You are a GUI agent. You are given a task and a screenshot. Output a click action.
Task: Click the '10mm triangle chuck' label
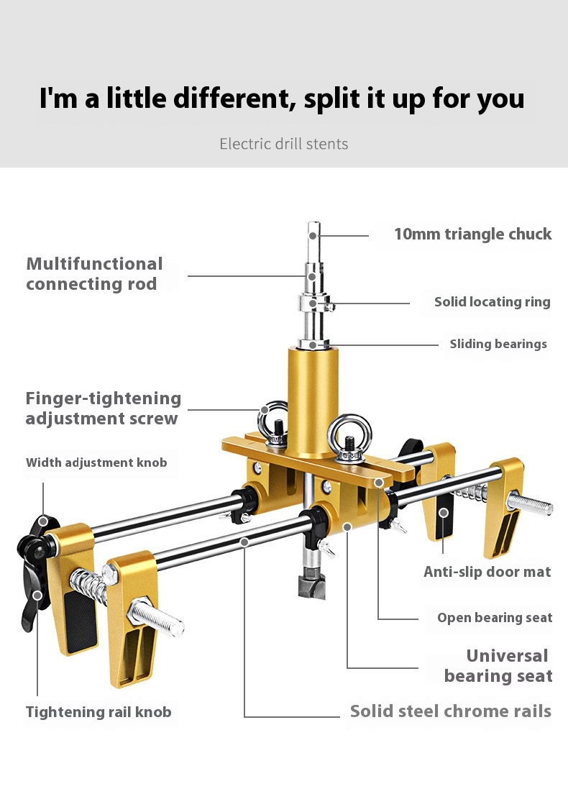coord(472,234)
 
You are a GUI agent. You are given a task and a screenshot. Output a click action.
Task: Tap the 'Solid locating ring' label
coord(492,302)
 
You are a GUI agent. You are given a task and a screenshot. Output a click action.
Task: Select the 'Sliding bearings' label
coord(498,344)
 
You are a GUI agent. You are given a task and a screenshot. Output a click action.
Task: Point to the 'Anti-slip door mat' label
coord(487,572)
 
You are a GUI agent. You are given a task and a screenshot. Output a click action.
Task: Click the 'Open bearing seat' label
coord(495,618)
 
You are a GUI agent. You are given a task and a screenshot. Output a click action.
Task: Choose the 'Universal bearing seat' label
coord(498,665)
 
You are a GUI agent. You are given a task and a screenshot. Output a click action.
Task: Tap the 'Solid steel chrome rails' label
coord(450,711)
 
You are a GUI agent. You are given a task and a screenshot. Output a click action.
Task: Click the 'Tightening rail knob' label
coord(99,712)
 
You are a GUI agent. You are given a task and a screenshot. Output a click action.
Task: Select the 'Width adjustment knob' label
coord(96,462)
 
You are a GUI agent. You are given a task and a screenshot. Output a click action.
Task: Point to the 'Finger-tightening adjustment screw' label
coord(103,408)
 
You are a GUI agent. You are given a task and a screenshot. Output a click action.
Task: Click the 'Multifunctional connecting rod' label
coord(94,273)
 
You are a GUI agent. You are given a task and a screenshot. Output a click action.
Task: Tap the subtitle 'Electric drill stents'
coord(284,144)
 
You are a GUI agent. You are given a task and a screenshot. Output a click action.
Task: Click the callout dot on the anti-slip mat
coord(444,513)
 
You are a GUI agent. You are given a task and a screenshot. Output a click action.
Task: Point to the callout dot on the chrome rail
coord(244,541)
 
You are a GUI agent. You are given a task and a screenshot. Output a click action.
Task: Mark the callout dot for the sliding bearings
coord(313,345)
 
